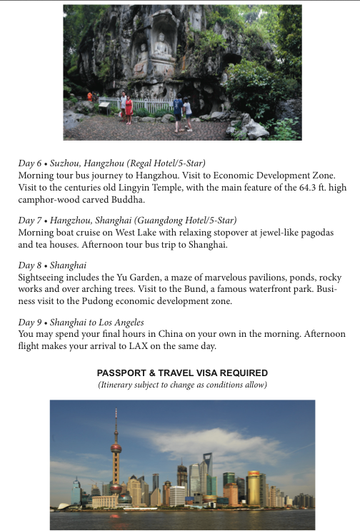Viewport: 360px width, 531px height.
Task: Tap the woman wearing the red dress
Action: [129, 109]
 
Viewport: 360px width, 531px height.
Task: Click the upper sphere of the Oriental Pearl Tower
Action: [116, 447]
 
